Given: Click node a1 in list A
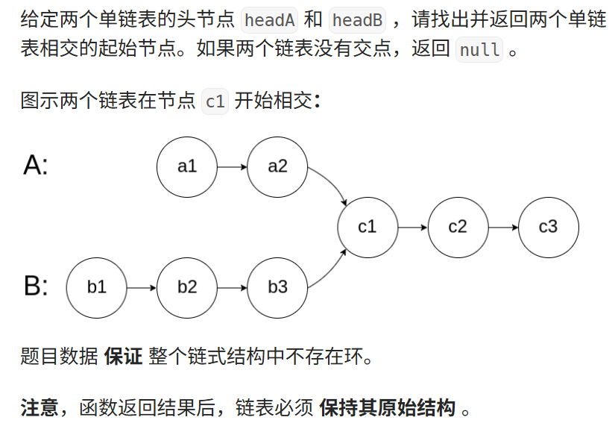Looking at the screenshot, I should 187,166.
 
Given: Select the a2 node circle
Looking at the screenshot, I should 277,166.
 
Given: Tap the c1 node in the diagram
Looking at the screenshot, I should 368,227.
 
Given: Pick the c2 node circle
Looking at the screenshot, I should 458,227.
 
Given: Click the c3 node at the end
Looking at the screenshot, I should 548,227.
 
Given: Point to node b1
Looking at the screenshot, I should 97,287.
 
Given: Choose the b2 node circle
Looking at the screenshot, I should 187,287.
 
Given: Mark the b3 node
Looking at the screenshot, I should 277,287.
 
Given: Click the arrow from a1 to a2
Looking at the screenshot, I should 232,166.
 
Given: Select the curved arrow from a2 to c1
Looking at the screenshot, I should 332,183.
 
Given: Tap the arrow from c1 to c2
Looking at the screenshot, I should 412,227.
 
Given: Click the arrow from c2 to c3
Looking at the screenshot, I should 502,227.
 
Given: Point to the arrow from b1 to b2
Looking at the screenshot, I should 142,287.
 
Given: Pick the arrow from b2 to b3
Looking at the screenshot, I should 232,287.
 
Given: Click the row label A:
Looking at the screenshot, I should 36,165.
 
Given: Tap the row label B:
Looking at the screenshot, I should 36,286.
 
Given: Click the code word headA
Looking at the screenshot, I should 270,20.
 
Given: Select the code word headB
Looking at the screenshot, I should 357,20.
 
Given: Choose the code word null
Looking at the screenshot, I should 479,51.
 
